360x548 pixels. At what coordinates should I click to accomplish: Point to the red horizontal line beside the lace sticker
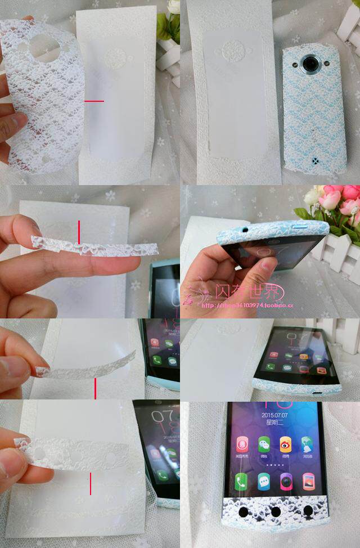pos(94,101)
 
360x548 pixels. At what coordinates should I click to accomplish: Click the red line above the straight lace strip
pos(79,232)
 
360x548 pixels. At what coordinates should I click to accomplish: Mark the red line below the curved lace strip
pos(95,388)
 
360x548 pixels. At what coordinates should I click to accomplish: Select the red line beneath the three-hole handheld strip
pos(91,483)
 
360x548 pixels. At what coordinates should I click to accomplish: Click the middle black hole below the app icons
pos(276,513)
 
